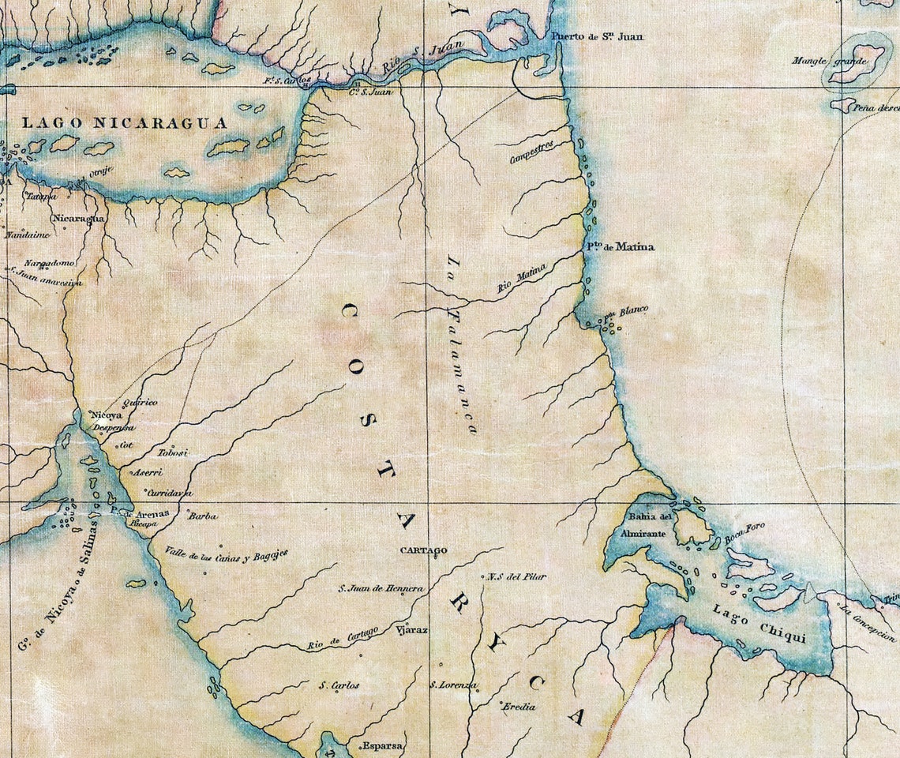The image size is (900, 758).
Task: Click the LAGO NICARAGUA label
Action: [x=124, y=123]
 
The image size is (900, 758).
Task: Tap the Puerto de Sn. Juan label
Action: [x=586, y=36]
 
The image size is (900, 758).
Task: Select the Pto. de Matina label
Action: [x=620, y=247]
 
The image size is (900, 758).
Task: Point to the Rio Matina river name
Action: [x=522, y=281]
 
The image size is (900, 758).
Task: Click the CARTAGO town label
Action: [x=423, y=550]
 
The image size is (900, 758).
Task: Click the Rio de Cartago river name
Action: [x=343, y=639]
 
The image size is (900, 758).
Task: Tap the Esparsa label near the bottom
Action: [x=382, y=745]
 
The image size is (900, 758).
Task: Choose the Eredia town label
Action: [x=519, y=707]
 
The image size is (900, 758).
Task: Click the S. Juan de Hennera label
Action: [x=381, y=588]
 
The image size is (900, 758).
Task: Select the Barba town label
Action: [x=203, y=516]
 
